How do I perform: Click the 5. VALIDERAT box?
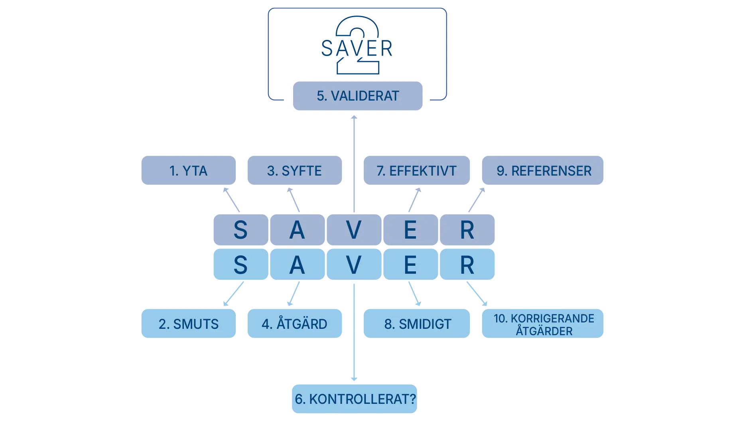357,96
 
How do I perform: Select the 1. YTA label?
188,171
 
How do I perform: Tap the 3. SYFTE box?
295,171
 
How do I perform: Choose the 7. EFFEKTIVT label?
417,171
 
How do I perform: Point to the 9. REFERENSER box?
544,171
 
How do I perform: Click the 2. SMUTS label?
188,324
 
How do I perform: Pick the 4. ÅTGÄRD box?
295,324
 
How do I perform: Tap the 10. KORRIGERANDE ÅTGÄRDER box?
544,324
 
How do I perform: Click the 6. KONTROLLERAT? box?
355,399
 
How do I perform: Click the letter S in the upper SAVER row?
240,230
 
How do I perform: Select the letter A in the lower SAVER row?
297,265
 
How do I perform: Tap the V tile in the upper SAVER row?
354,230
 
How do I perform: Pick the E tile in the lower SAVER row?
410,265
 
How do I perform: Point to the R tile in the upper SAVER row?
467,230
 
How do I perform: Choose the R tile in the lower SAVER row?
467,265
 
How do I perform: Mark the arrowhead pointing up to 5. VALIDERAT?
354,119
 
